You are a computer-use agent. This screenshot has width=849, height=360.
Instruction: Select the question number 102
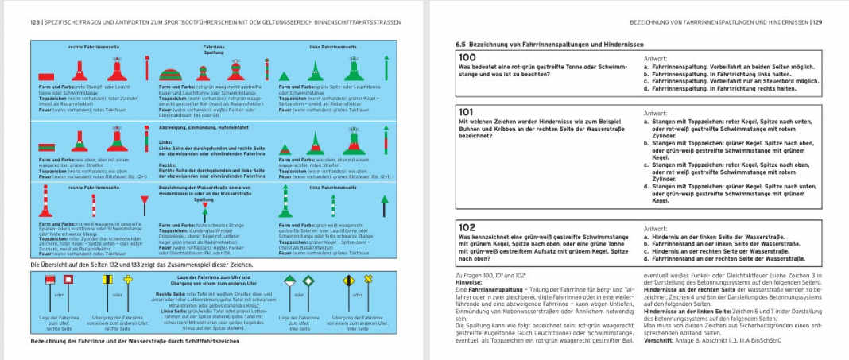466,226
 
